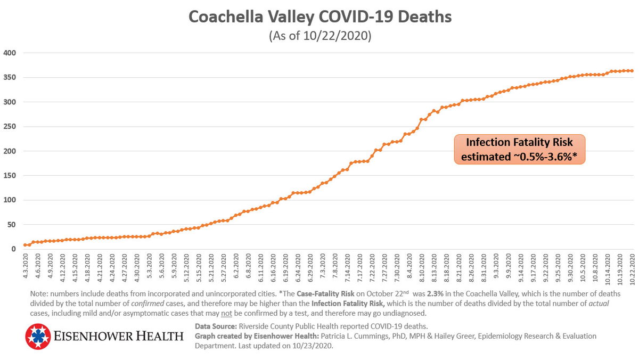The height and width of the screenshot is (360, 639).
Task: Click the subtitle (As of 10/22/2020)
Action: pos(320,37)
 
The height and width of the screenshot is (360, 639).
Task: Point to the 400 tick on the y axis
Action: pos(11,53)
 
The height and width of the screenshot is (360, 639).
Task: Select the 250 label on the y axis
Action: pos(11,127)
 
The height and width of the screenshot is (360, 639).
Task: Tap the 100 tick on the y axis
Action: pos(11,200)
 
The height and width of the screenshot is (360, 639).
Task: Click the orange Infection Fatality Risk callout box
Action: pos(519,150)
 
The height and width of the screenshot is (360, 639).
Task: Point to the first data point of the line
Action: pos(25,245)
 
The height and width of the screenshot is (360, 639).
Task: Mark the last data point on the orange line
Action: pos(632,70)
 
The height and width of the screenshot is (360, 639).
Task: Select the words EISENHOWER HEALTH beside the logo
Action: pos(118,337)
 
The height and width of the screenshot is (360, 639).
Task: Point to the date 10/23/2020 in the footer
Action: pos(312,346)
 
